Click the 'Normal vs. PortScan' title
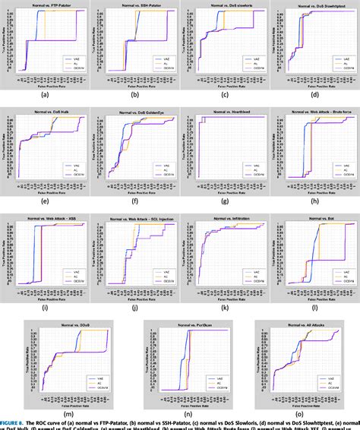[x=180, y=324]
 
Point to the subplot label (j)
[x=134, y=307]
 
